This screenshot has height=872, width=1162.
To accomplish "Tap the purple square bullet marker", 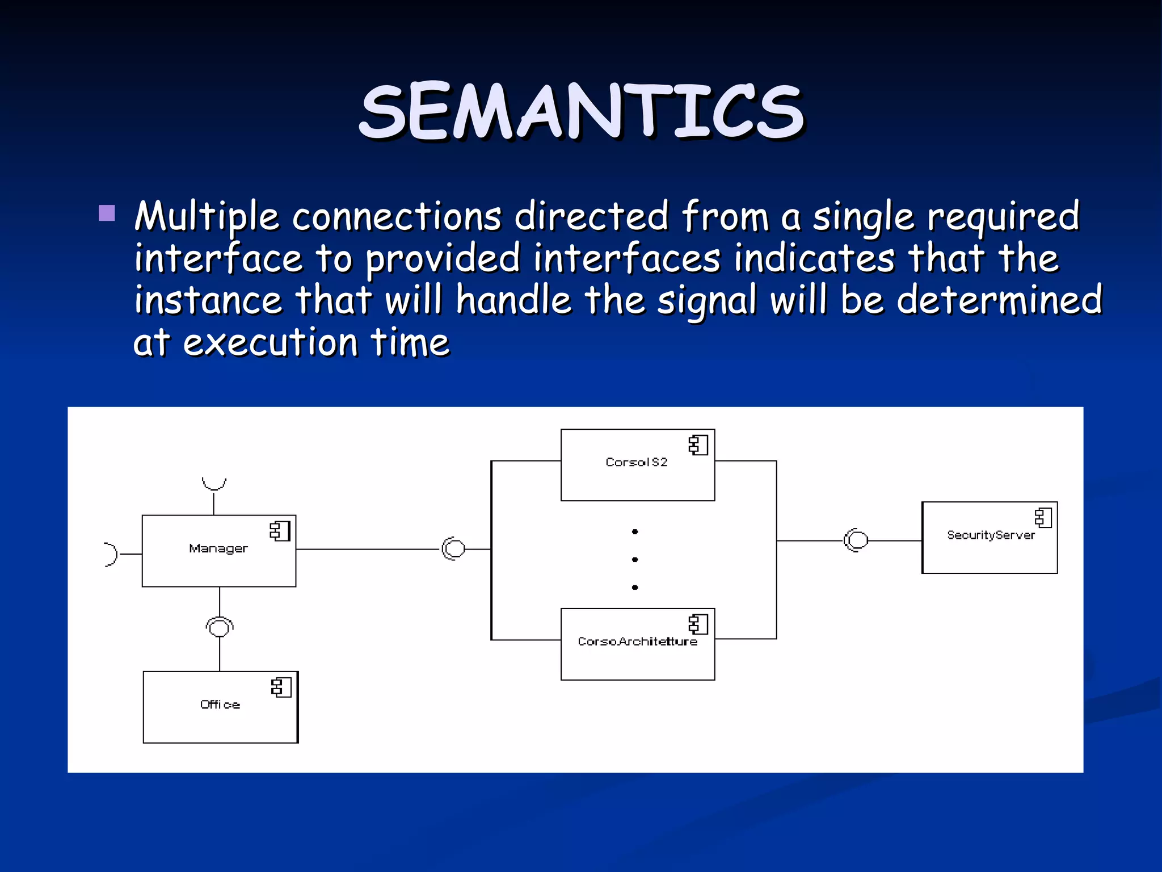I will [107, 213].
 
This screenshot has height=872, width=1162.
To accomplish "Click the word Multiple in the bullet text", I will [207, 217].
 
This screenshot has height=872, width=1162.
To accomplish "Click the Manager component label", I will [218, 548].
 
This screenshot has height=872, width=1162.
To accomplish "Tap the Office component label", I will [220, 705].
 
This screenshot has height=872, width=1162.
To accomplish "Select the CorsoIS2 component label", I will [637, 462].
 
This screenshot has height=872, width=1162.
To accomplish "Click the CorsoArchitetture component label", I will [637, 642].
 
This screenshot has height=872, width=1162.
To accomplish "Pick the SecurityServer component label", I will [991, 535].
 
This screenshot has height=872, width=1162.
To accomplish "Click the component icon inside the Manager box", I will [280, 531].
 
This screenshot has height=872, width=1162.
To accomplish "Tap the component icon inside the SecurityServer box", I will [1043, 517].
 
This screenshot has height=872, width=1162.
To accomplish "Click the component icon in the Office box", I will [281, 687].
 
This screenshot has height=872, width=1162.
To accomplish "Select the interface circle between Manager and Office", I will [220, 627].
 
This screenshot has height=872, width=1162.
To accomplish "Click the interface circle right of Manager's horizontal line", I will [454, 548].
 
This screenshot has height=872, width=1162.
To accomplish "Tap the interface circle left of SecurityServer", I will [857, 540].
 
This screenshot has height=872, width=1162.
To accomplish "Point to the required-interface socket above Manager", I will [214, 484].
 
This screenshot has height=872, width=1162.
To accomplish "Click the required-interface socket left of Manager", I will [111, 554].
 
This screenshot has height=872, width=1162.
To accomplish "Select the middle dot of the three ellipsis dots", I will [635, 560].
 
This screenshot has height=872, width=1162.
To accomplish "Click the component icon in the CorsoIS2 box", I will [698, 445].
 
